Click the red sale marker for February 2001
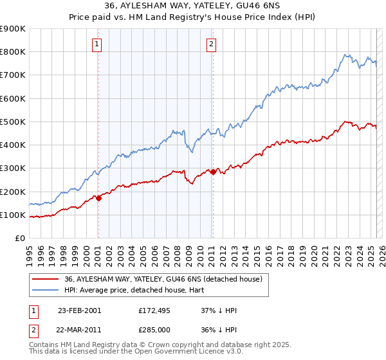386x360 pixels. click(98, 199)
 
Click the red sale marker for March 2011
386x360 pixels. click(213, 172)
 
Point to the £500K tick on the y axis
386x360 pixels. click(13, 122)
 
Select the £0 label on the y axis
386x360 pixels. click(19, 239)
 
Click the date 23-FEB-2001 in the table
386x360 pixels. click(79, 310)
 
